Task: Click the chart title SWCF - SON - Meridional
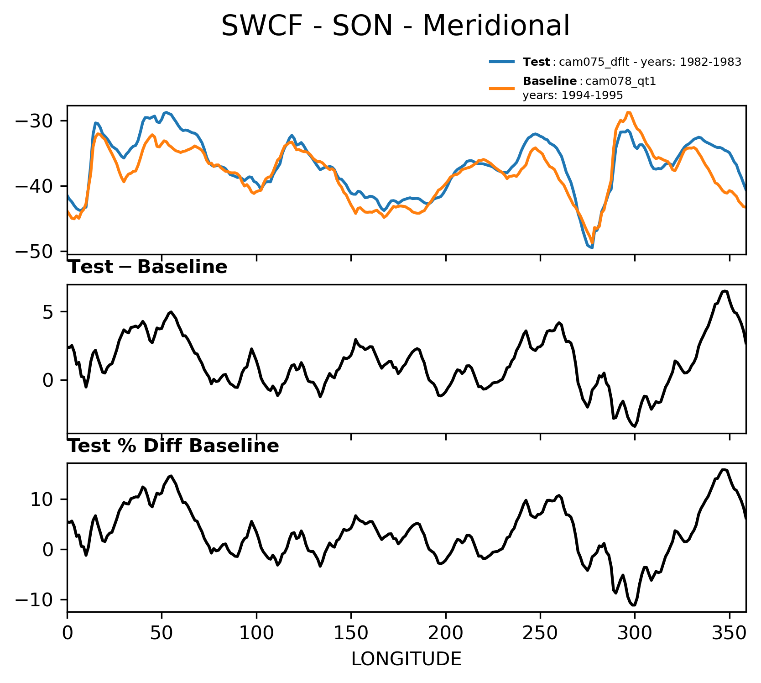point(395,26)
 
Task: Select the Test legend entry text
point(632,62)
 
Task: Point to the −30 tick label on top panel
point(41,121)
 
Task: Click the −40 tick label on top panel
point(41,186)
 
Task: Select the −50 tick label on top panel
point(41,252)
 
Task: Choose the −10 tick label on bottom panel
point(41,600)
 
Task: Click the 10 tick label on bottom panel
point(45,499)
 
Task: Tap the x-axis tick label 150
point(351,633)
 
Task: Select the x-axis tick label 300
point(635,633)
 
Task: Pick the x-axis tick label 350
point(729,633)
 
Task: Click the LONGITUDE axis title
point(406,659)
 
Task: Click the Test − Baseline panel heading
point(147,267)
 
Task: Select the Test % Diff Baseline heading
point(173,446)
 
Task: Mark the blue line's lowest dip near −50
point(592,247)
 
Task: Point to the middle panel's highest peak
point(725,291)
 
